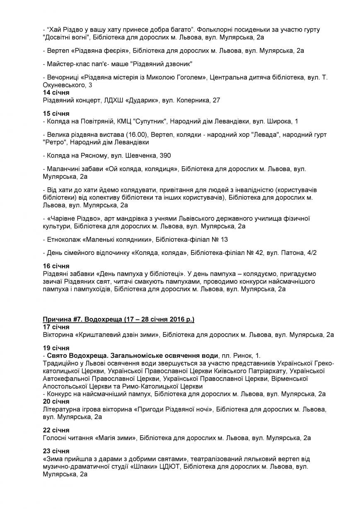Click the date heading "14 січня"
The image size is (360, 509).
(56, 92)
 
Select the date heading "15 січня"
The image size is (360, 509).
(56, 114)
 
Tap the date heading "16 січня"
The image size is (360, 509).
(56, 266)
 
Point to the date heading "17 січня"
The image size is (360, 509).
(56, 327)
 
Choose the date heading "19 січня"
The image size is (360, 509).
(56, 348)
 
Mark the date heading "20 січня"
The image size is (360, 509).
(56, 402)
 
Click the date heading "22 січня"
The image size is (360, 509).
(56, 430)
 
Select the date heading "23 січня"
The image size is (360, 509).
(56, 451)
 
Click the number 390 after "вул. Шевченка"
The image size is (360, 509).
(165, 155)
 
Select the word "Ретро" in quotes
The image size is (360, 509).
(54, 142)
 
